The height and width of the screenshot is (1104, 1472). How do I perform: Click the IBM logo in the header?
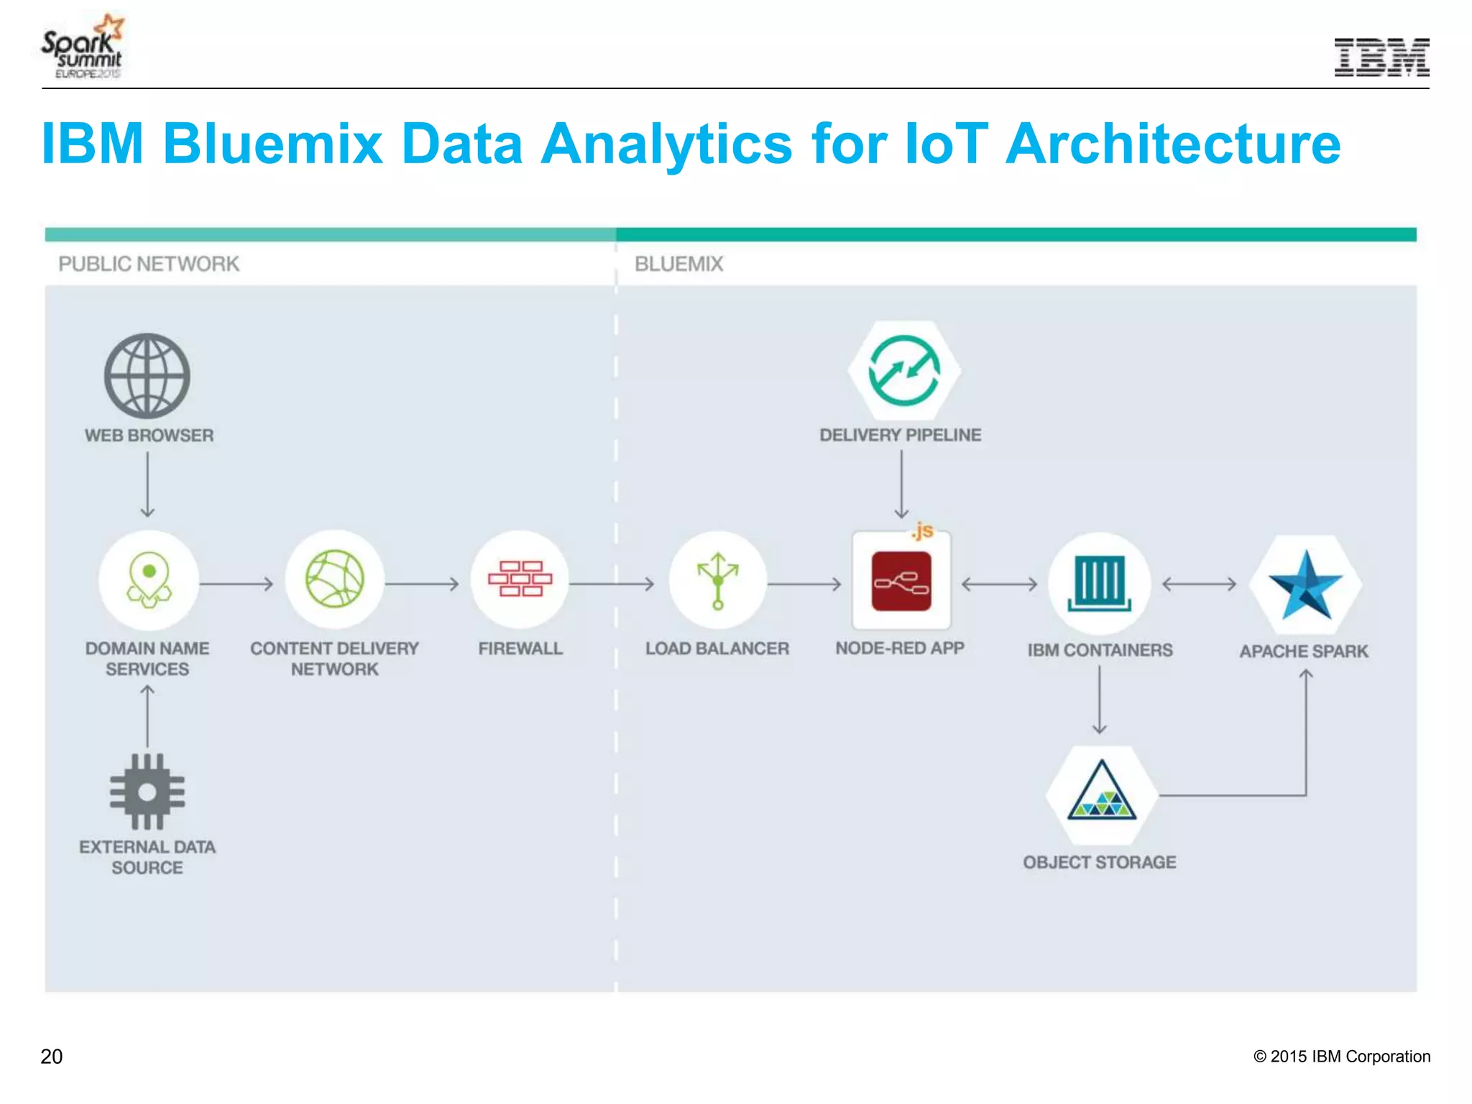tap(1381, 57)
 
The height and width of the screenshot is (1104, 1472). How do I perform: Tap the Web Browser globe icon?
tap(147, 376)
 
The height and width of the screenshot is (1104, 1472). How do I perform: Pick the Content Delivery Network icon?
tap(335, 579)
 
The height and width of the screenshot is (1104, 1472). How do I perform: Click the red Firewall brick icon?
tap(520, 579)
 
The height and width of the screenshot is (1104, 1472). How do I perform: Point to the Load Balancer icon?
tap(717, 581)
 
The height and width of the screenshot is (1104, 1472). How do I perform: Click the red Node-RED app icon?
tap(901, 581)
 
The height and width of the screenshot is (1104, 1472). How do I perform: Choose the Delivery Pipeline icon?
tap(904, 371)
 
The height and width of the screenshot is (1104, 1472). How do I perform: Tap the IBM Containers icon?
tap(1099, 582)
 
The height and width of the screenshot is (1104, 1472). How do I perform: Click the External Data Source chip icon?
tap(147, 791)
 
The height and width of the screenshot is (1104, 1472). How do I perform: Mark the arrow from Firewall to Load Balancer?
tap(612, 584)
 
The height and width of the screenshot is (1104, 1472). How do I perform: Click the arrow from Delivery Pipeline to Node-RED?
tap(901, 484)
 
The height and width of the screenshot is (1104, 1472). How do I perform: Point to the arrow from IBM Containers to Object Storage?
tap(1100, 699)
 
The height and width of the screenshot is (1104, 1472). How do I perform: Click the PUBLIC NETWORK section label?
tap(149, 264)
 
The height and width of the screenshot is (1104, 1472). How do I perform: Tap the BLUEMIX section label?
tap(678, 264)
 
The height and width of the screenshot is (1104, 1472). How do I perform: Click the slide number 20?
tap(52, 1057)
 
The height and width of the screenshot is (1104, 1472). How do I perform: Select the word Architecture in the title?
tap(1173, 144)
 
